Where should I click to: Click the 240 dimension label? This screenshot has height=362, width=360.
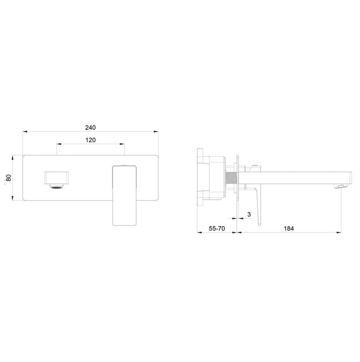[x=90, y=127]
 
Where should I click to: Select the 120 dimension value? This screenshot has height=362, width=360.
[x=90, y=140]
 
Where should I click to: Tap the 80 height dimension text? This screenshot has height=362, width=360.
[x=9, y=178]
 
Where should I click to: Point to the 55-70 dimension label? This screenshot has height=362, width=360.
[x=217, y=229]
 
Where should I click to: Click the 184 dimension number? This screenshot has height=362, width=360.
[x=289, y=229]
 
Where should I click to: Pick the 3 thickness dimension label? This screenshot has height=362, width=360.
[x=249, y=215]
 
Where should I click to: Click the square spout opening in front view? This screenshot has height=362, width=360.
[x=56, y=178]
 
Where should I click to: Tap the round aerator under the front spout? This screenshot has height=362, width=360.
[x=56, y=186]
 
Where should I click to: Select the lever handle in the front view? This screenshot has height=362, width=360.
[x=124, y=195]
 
